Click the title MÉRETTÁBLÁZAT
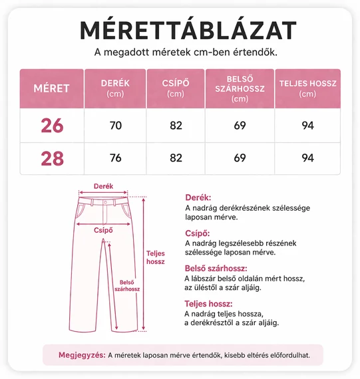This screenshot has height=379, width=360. (x=188, y=30)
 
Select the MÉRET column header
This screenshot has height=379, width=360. (x=51, y=88)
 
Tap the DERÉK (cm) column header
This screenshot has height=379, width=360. (x=115, y=88)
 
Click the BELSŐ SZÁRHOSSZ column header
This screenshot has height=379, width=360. (x=240, y=88)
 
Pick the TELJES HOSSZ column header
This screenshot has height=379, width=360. (x=307, y=88)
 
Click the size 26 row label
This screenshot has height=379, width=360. (x=51, y=125)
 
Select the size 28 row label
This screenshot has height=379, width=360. (x=51, y=158)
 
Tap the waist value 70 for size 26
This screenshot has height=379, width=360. (x=115, y=125)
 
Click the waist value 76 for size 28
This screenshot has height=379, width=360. (x=115, y=158)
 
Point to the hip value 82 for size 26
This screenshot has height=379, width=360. (x=176, y=125)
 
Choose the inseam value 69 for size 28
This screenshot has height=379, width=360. (x=240, y=158)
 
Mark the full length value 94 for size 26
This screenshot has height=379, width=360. (x=307, y=125)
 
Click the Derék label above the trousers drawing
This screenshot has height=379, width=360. (x=103, y=187)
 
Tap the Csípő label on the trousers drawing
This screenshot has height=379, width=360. (x=103, y=231)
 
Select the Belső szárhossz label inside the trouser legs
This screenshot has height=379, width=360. (x=126, y=285)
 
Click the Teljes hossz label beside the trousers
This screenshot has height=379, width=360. (x=155, y=257)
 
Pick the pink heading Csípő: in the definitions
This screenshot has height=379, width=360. (x=197, y=233)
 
